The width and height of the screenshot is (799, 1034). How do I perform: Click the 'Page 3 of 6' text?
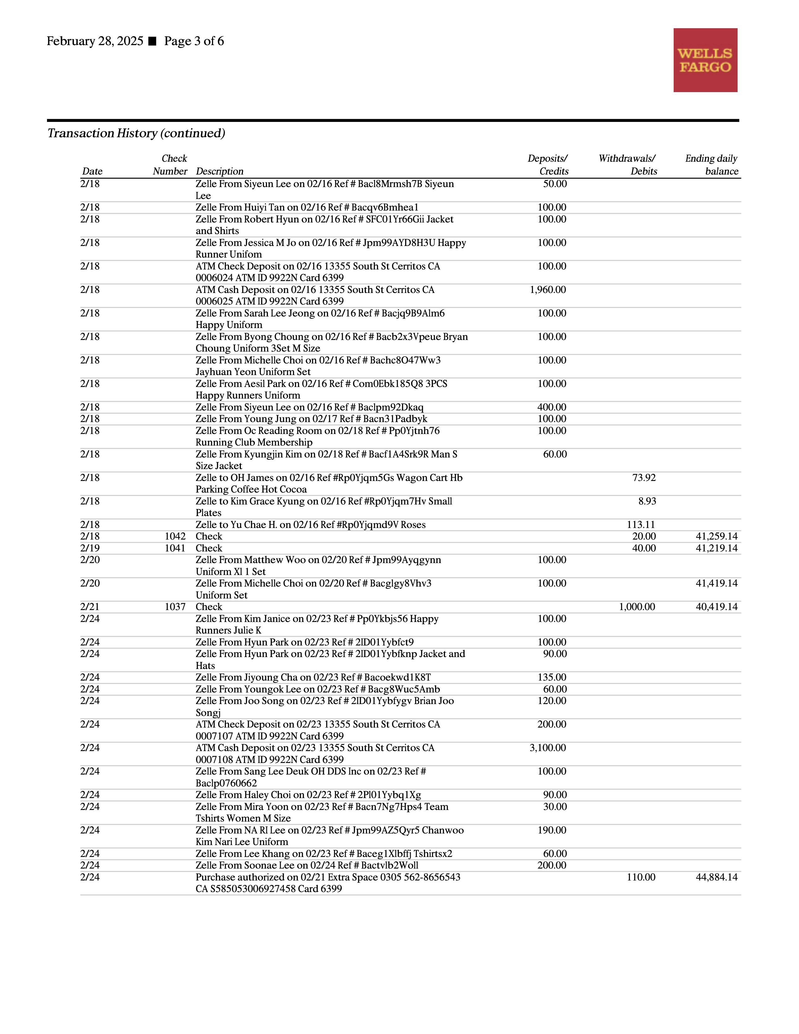point(194,41)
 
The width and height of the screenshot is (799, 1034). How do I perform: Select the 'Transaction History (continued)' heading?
point(136,133)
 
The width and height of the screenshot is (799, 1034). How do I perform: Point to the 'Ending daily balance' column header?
point(712,165)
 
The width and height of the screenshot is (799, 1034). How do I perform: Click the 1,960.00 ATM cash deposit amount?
point(548,290)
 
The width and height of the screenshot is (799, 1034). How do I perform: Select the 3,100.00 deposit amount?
point(548,748)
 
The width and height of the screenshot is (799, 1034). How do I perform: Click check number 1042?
point(175,536)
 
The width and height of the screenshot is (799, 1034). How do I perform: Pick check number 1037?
point(175,607)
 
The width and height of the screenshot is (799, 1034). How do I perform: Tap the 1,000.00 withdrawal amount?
point(637,607)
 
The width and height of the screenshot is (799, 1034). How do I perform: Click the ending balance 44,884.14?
point(716,877)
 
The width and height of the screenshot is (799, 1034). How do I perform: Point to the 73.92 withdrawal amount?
point(644,477)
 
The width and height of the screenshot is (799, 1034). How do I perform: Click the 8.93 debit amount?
point(647,501)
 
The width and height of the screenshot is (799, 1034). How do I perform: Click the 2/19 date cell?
point(90,548)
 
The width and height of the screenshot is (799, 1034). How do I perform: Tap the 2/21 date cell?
point(90,607)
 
